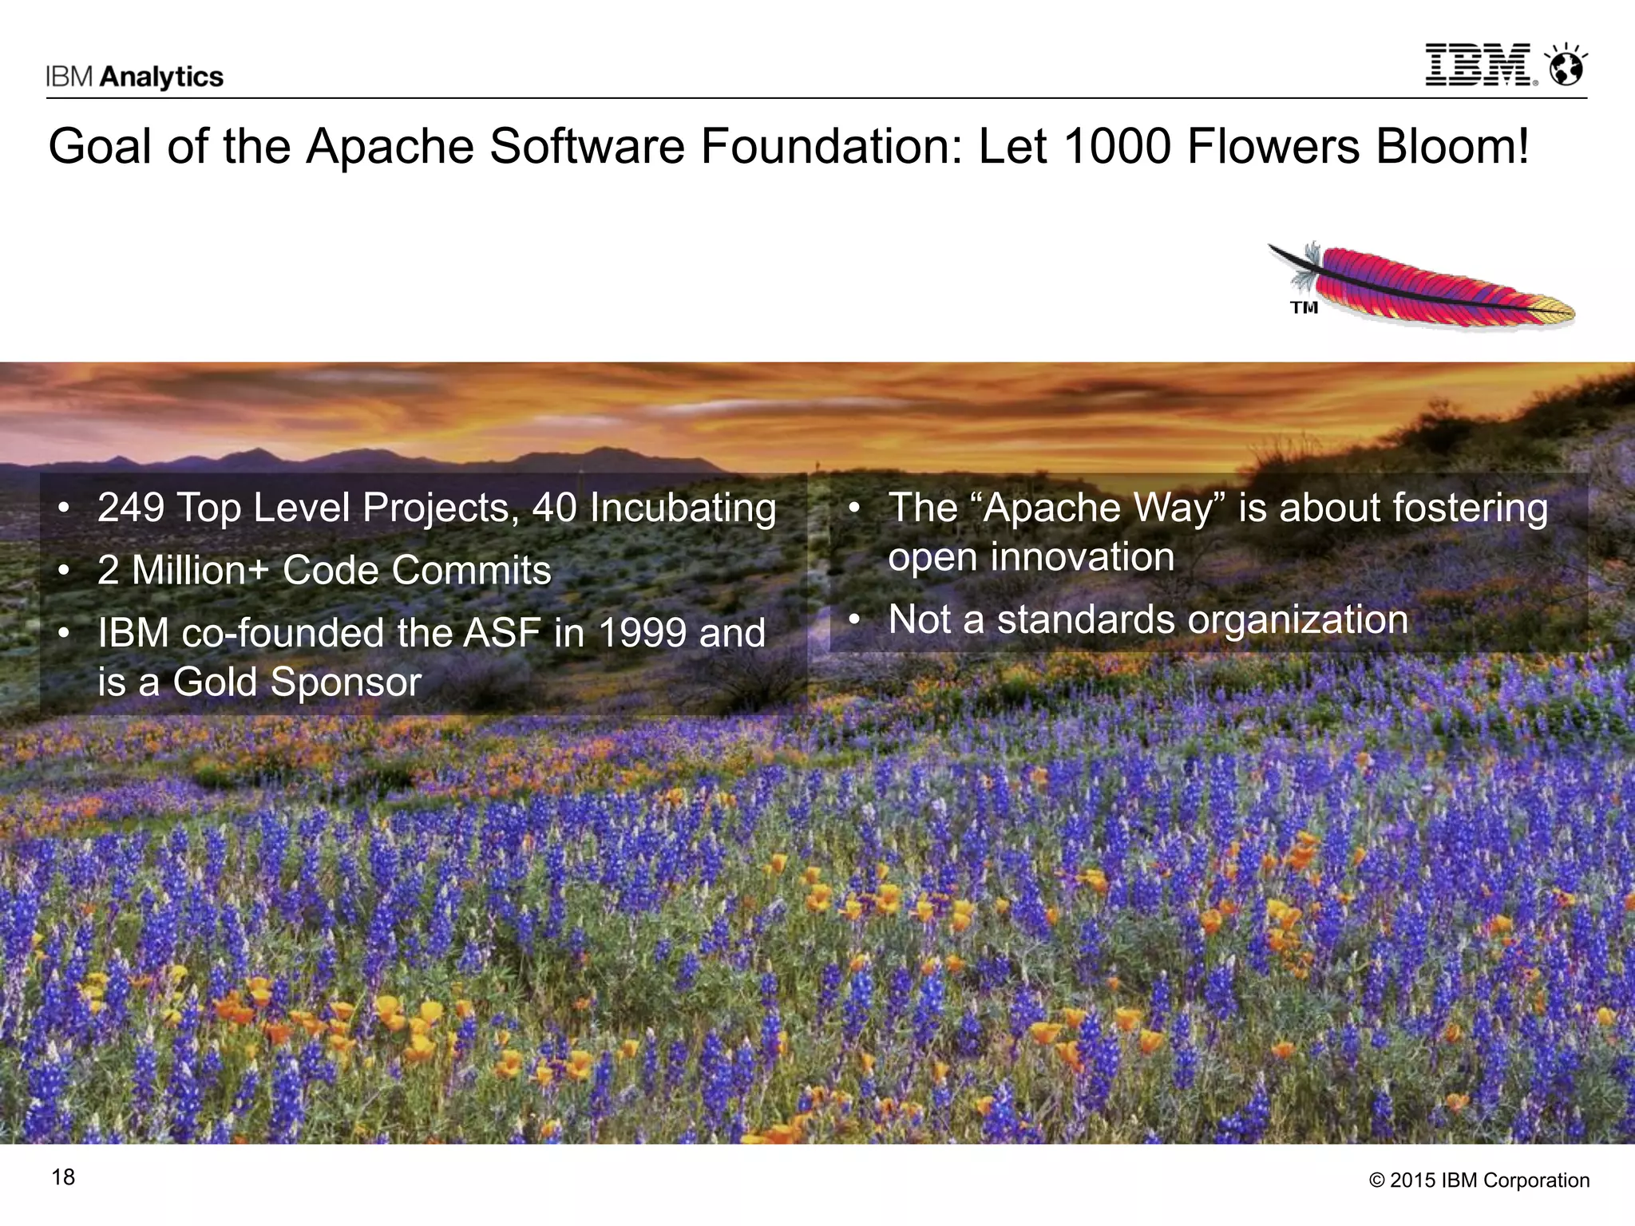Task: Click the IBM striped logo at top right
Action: (x=1479, y=65)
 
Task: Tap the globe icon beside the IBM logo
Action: (x=1566, y=65)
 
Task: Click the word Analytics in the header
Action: (x=162, y=77)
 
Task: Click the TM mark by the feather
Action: (x=1304, y=307)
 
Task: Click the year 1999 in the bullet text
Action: (x=642, y=633)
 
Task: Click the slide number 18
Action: (x=63, y=1177)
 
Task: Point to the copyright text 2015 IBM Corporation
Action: (x=1479, y=1181)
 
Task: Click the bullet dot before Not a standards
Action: (x=853, y=620)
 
